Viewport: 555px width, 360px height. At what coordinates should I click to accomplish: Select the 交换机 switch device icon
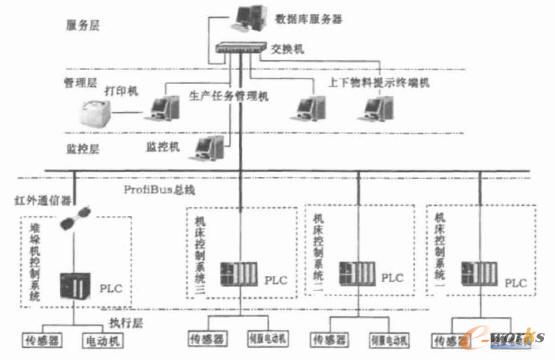(x=234, y=46)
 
